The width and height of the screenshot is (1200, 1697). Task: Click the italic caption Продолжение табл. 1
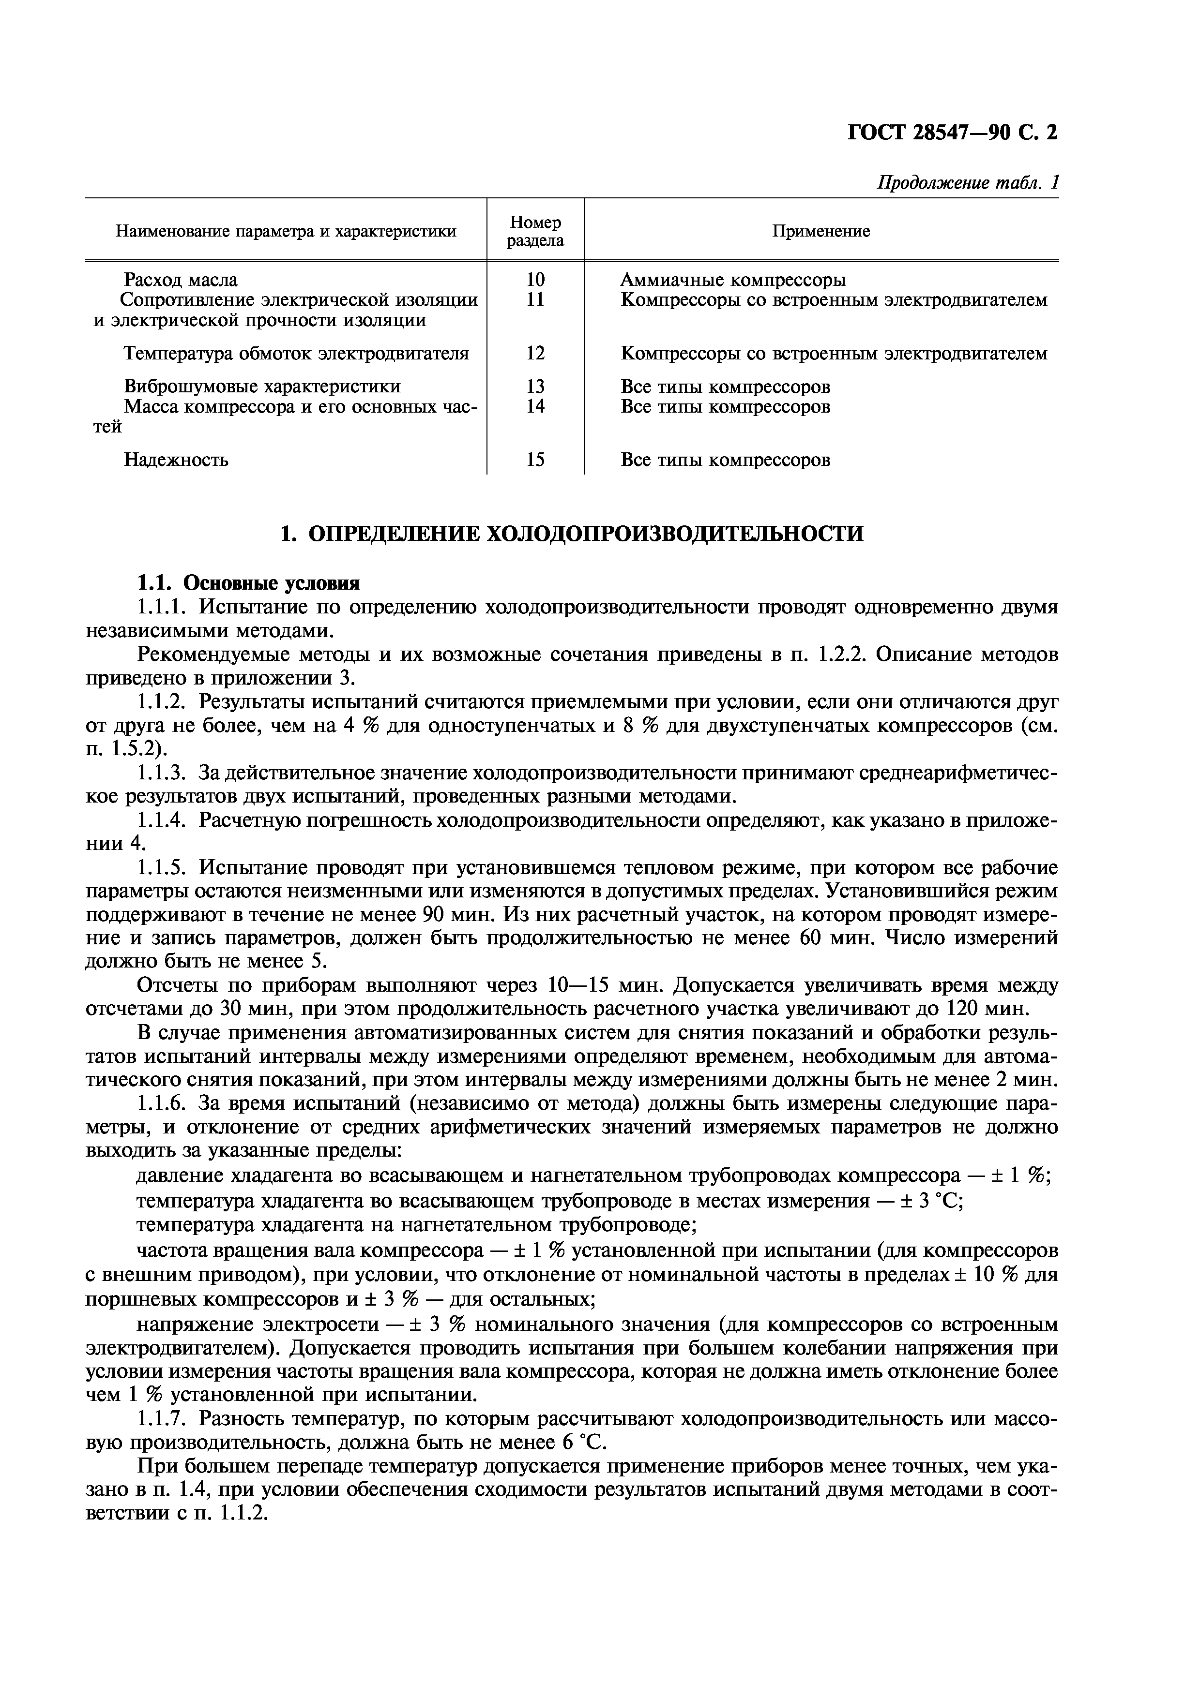[967, 182]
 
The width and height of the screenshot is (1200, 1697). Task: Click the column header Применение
[820, 231]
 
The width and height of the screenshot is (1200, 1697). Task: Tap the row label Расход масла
[181, 280]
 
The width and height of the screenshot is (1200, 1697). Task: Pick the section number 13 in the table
[535, 387]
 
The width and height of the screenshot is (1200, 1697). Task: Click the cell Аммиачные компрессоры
[733, 280]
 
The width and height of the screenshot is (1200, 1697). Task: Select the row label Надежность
[176, 460]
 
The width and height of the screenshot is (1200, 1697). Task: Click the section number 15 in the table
[535, 460]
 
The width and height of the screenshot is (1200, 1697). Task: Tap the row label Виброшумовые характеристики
[262, 387]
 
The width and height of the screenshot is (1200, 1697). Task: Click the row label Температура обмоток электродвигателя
[296, 353]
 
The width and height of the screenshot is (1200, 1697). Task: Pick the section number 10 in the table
[535, 280]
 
